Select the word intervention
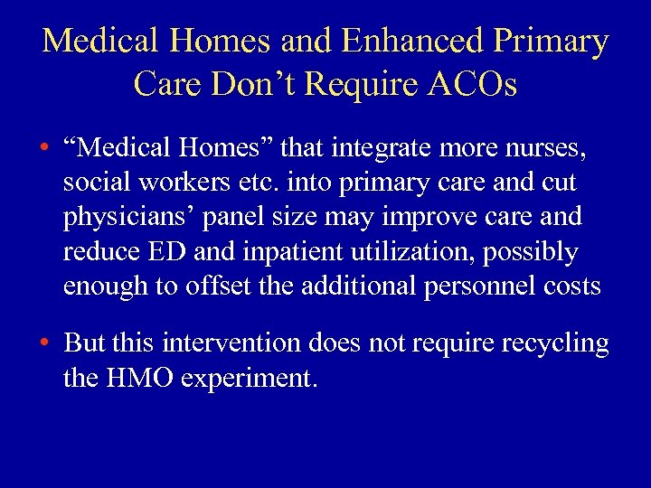pyautogui.click(x=222, y=343)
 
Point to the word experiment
pyautogui.click(x=250, y=378)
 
